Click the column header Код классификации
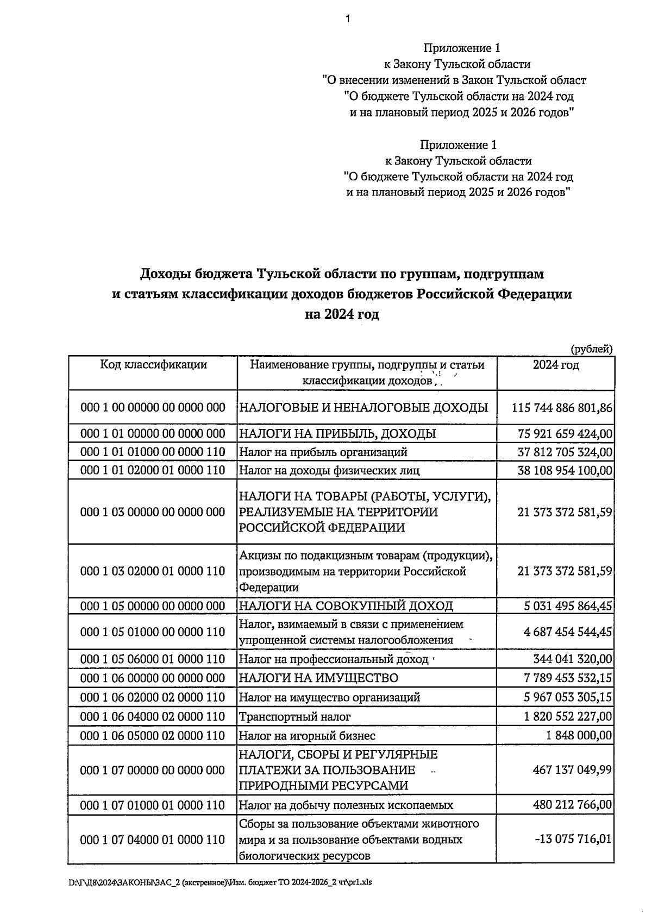click(153, 364)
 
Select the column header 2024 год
click(555, 365)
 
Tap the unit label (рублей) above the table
click(591, 349)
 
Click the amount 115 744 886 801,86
click(562, 407)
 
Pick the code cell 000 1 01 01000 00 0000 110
click(153, 452)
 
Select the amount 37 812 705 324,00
click(565, 452)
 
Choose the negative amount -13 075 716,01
click(573, 839)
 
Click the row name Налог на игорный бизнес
click(308, 736)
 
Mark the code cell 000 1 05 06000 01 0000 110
click(153, 659)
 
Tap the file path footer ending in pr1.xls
click(220, 883)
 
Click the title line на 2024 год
click(342, 314)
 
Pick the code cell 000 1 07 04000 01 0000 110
click(153, 840)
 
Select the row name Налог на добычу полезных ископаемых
click(346, 805)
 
